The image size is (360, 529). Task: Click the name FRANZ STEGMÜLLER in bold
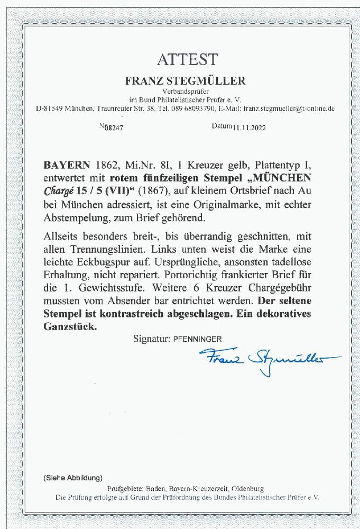coord(180,81)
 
